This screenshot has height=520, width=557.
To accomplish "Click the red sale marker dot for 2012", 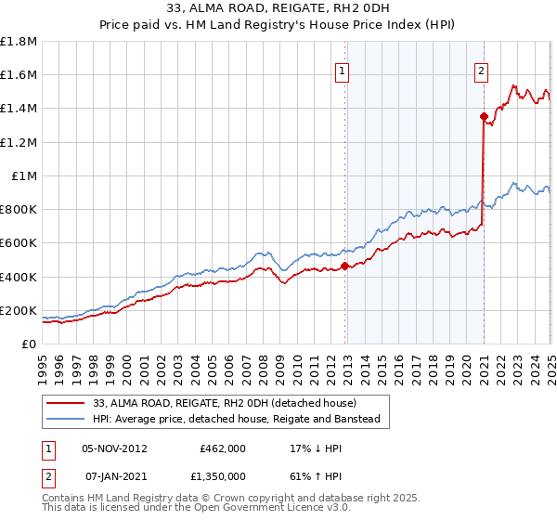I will point(344,266).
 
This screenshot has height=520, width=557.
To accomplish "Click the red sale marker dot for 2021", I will point(484,116).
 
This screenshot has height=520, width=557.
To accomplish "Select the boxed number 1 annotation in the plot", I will point(343,71).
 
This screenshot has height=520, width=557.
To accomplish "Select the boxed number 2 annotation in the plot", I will point(482,71).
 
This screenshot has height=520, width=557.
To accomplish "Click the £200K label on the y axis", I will point(19,311).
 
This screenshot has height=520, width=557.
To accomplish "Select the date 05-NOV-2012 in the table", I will point(115,448).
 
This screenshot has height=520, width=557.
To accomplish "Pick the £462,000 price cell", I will point(223,448).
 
